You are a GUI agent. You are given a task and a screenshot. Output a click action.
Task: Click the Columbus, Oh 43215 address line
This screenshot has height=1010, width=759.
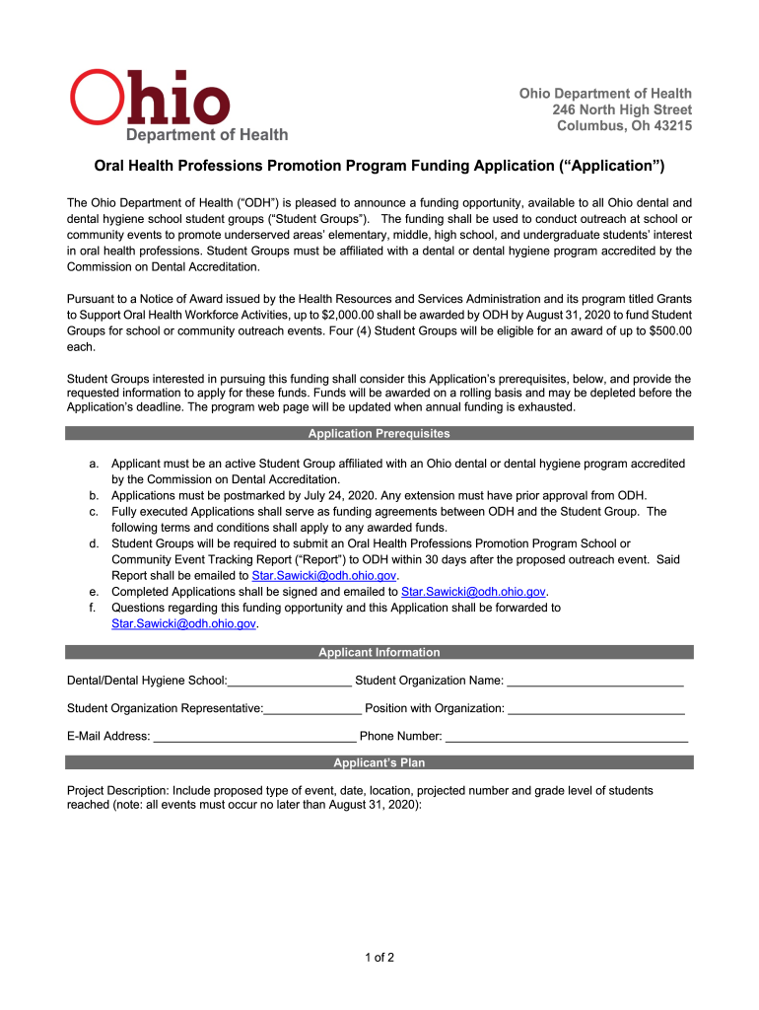(624, 126)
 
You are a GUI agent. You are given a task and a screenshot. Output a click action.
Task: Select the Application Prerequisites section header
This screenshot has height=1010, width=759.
(379, 433)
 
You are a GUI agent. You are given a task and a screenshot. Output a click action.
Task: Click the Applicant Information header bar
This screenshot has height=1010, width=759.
(379, 652)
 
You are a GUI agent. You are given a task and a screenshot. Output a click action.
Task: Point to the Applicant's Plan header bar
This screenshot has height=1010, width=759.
(379, 762)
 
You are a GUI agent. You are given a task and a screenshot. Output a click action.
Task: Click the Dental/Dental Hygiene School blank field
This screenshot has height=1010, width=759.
(290, 680)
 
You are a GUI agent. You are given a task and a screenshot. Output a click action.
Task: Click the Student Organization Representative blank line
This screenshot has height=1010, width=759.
(313, 707)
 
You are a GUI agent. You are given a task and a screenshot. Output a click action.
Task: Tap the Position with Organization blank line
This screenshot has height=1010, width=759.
(596, 707)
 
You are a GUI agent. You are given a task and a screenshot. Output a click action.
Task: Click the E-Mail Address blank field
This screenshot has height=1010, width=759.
(254, 735)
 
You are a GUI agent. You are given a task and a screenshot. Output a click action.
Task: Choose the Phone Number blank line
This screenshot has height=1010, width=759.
(567, 735)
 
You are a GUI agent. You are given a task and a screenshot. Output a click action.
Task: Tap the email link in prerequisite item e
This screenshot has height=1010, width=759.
(474, 592)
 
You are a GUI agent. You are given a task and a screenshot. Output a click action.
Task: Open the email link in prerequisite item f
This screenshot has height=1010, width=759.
(184, 623)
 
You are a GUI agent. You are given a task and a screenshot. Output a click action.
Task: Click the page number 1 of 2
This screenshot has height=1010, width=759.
(379, 957)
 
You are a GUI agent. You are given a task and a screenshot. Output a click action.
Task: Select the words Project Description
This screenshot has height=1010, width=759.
(117, 791)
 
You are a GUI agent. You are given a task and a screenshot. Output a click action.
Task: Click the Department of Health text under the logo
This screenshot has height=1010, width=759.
(206, 134)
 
